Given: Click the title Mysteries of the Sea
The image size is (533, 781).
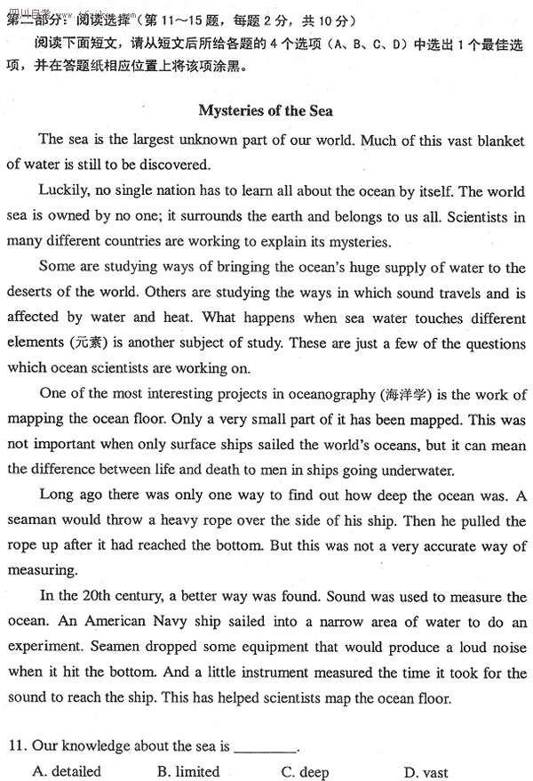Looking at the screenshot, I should tap(266, 110).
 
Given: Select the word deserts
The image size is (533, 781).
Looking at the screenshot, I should tap(31, 293).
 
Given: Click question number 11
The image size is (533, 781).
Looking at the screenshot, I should tap(15, 746).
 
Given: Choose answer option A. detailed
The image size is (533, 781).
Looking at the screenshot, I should tap(68, 771).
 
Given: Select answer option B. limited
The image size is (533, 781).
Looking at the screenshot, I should tap(187, 771).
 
